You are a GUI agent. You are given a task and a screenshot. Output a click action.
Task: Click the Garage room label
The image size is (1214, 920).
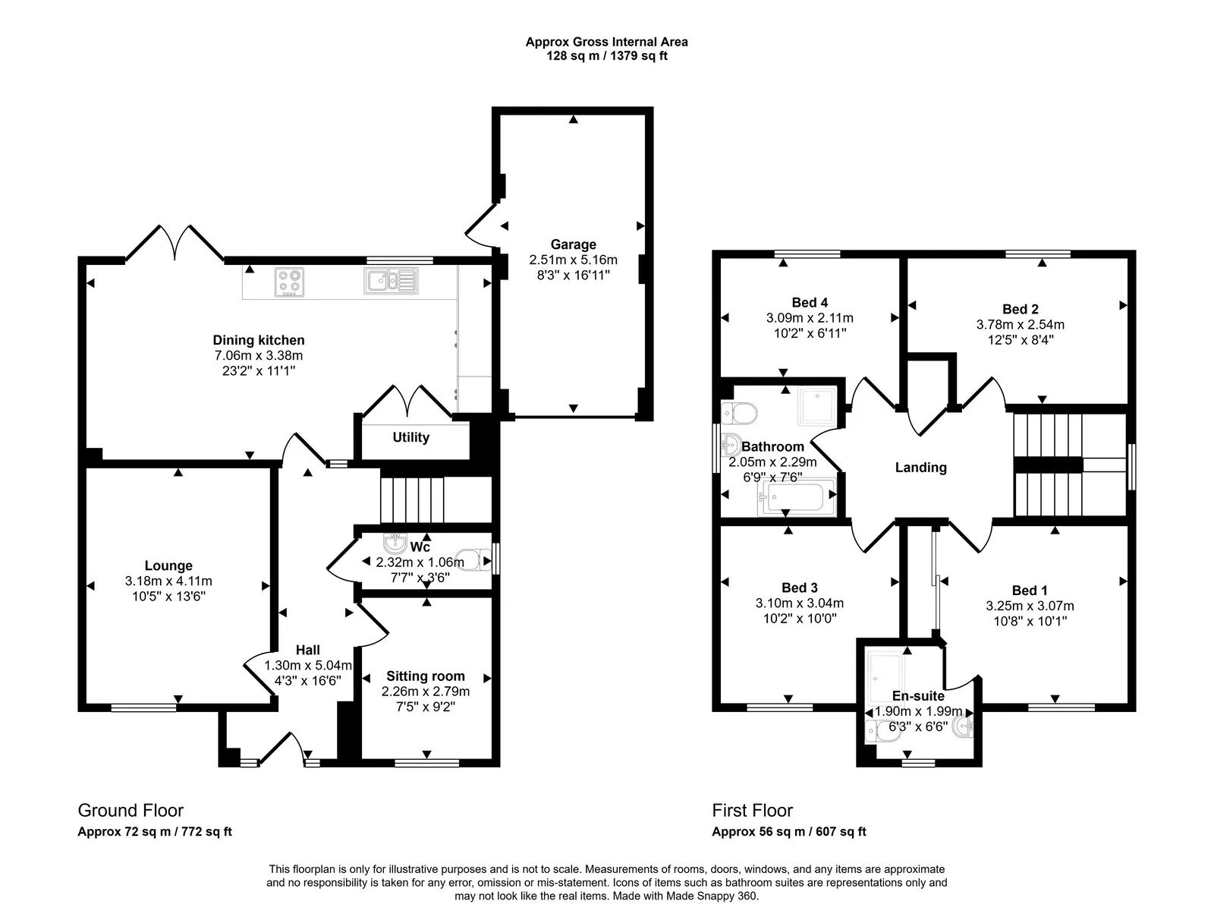(x=573, y=244)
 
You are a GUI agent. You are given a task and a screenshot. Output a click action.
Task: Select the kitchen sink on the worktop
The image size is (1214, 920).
(x=390, y=281)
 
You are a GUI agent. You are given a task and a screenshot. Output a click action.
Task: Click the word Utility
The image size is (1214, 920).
(x=410, y=437)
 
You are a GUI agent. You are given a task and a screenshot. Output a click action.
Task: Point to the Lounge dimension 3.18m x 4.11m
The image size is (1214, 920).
(x=168, y=581)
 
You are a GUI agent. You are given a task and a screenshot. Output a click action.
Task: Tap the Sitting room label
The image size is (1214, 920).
(x=425, y=676)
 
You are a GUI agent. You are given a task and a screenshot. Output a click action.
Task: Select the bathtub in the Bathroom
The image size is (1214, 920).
(x=797, y=498)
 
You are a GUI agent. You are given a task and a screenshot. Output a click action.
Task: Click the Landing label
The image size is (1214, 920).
(x=920, y=468)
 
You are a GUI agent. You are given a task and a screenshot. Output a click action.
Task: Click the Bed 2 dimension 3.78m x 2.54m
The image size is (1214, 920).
(x=1020, y=325)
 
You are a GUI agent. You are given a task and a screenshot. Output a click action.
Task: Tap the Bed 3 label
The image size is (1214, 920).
(x=799, y=588)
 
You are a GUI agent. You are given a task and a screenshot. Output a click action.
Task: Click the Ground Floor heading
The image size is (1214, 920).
(x=131, y=811)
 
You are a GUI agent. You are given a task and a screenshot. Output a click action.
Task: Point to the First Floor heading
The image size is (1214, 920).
(x=752, y=811)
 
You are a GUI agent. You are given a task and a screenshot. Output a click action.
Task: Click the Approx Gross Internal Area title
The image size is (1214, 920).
(x=606, y=43)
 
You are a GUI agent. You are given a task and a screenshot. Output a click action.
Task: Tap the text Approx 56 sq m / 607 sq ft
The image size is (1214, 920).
(x=788, y=832)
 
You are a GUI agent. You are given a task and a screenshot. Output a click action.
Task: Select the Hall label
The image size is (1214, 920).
(x=307, y=650)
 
